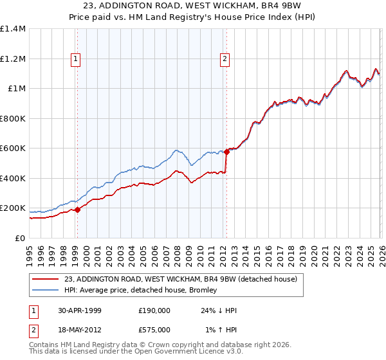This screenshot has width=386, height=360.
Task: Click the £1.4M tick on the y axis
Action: coord(13,29)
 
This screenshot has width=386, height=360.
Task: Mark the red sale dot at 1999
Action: coord(78,210)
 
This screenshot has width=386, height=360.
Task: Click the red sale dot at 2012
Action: coord(226,152)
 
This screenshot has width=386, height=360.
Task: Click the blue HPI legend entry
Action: coord(141,291)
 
